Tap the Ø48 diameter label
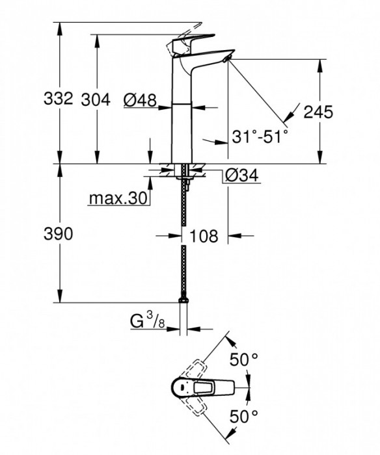[x=139, y=99]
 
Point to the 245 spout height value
[x=318, y=112]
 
